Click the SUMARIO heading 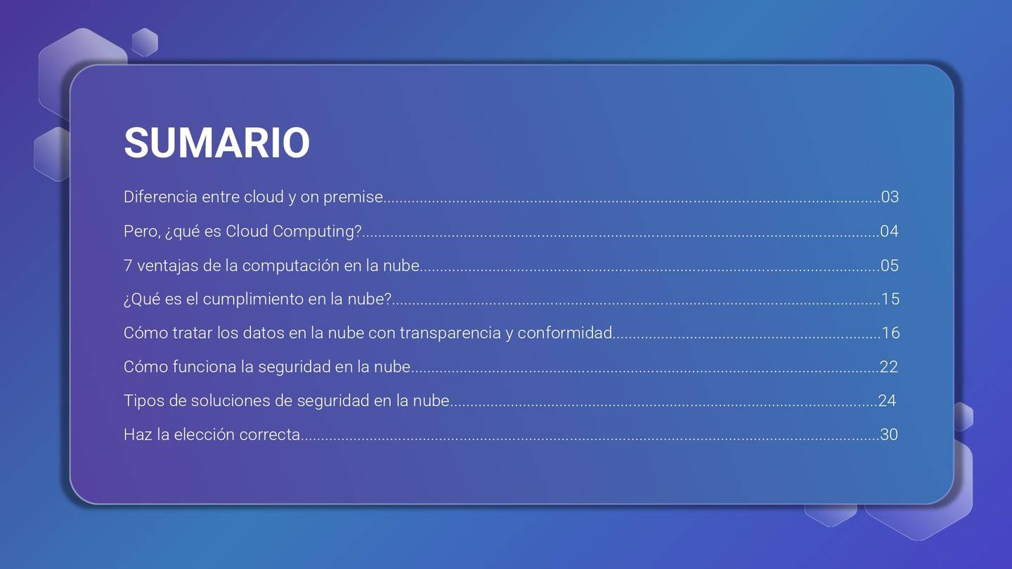click(x=217, y=143)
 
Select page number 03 click(x=890, y=197)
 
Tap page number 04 click(x=890, y=231)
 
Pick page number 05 click(x=890, y=265)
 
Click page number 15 click(x=890, y=299)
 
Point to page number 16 click(x=891, y=333)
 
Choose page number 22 click(x=888, y=367)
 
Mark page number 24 click(x=887, y=400)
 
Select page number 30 click(x=888, y=434)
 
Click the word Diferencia click(x=160, y=197)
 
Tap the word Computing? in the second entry click(x=317, y=232)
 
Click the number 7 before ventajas click(x=128, y=266)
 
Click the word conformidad click(x=565, y=333)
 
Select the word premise click(x=353, y=197)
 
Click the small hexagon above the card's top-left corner click(x=145, y=42)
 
